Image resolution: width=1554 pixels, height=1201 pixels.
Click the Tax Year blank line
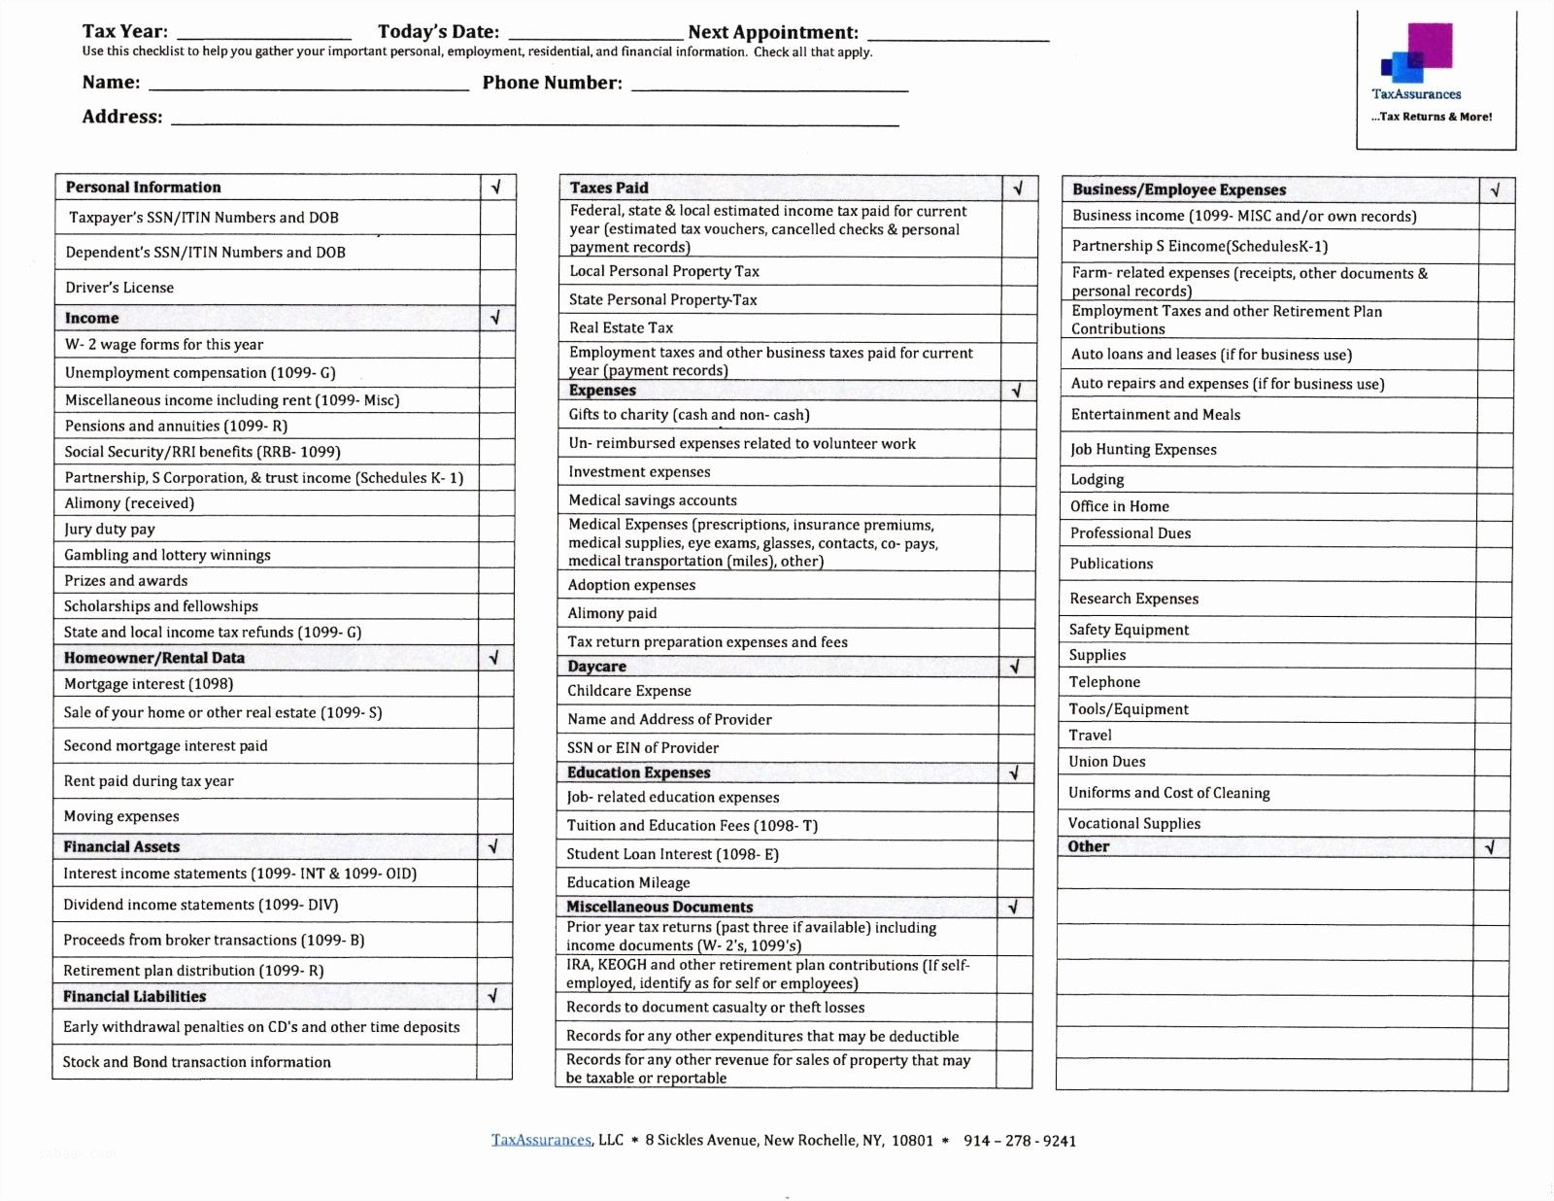click(263, 35)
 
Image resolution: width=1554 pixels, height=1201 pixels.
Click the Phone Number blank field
click(769, 86)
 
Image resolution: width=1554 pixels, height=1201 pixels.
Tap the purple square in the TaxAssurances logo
click(1430, 45)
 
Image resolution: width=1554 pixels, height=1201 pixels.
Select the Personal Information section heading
click(143, 188)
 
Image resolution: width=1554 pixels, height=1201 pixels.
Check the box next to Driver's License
click(497, 288)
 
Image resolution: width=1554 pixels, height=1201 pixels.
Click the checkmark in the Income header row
click(495, 318)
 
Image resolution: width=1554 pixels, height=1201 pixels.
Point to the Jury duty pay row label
click(110, 530)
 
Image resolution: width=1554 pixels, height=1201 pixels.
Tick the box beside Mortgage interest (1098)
click(494, 684)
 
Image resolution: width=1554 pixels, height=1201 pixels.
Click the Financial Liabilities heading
click(134, 997)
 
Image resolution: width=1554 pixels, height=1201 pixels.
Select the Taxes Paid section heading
click(609, 189)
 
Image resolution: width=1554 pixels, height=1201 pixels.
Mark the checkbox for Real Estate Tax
click(1019, 328)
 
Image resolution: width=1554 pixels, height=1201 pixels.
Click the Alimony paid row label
click(612, 614)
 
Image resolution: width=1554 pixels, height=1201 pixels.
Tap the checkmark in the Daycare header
click(1015, 668)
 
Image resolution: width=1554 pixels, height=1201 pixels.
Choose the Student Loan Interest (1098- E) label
click(672, 855)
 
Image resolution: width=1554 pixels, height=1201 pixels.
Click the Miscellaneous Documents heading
click(659, 908)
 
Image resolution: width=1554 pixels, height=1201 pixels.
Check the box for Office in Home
click(1494, 507)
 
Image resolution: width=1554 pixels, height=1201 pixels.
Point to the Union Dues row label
click(1106, 763)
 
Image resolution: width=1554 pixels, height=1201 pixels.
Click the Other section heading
click(1088, 847)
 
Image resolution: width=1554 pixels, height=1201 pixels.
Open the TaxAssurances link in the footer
click(541, 1141)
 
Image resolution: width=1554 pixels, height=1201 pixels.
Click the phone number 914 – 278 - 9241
click(1019, 1142)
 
